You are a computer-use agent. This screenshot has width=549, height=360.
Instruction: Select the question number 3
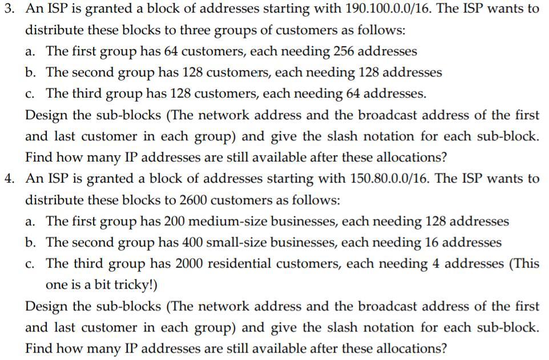point(7,10)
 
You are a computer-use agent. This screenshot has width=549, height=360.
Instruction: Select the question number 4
point(7,179)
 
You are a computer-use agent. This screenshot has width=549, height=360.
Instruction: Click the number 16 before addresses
point(430,242)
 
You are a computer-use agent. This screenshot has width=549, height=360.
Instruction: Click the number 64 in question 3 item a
point(171,51)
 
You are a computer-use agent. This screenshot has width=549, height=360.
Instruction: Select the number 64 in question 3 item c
point(321,94)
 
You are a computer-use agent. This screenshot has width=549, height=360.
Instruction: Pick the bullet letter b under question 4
point(30,242)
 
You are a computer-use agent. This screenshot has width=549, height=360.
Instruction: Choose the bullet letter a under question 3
point(30,51)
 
